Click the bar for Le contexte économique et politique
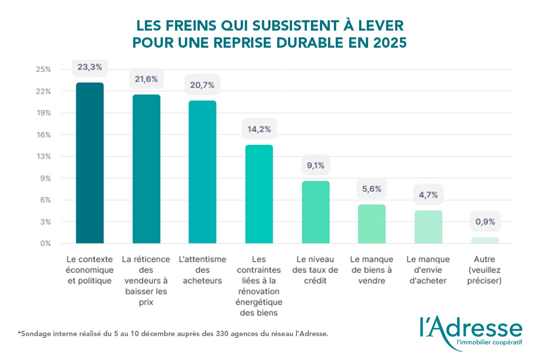[x=90, y=163]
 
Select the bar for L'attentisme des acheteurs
[x=202, y=172]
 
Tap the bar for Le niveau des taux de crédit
[x=315, y=212]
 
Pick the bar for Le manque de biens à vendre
[x=372, y=224]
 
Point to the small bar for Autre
[x=485, y=240]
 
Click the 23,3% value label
[x=90, y=67]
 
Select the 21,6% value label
[x=146, y=79]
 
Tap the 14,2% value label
[x=259, y=129]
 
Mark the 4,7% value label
[x=428, y=195]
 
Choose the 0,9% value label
[x=485, y=221]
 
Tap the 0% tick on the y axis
[x=45, y=243]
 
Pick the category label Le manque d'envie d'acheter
[x=428, y=270]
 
